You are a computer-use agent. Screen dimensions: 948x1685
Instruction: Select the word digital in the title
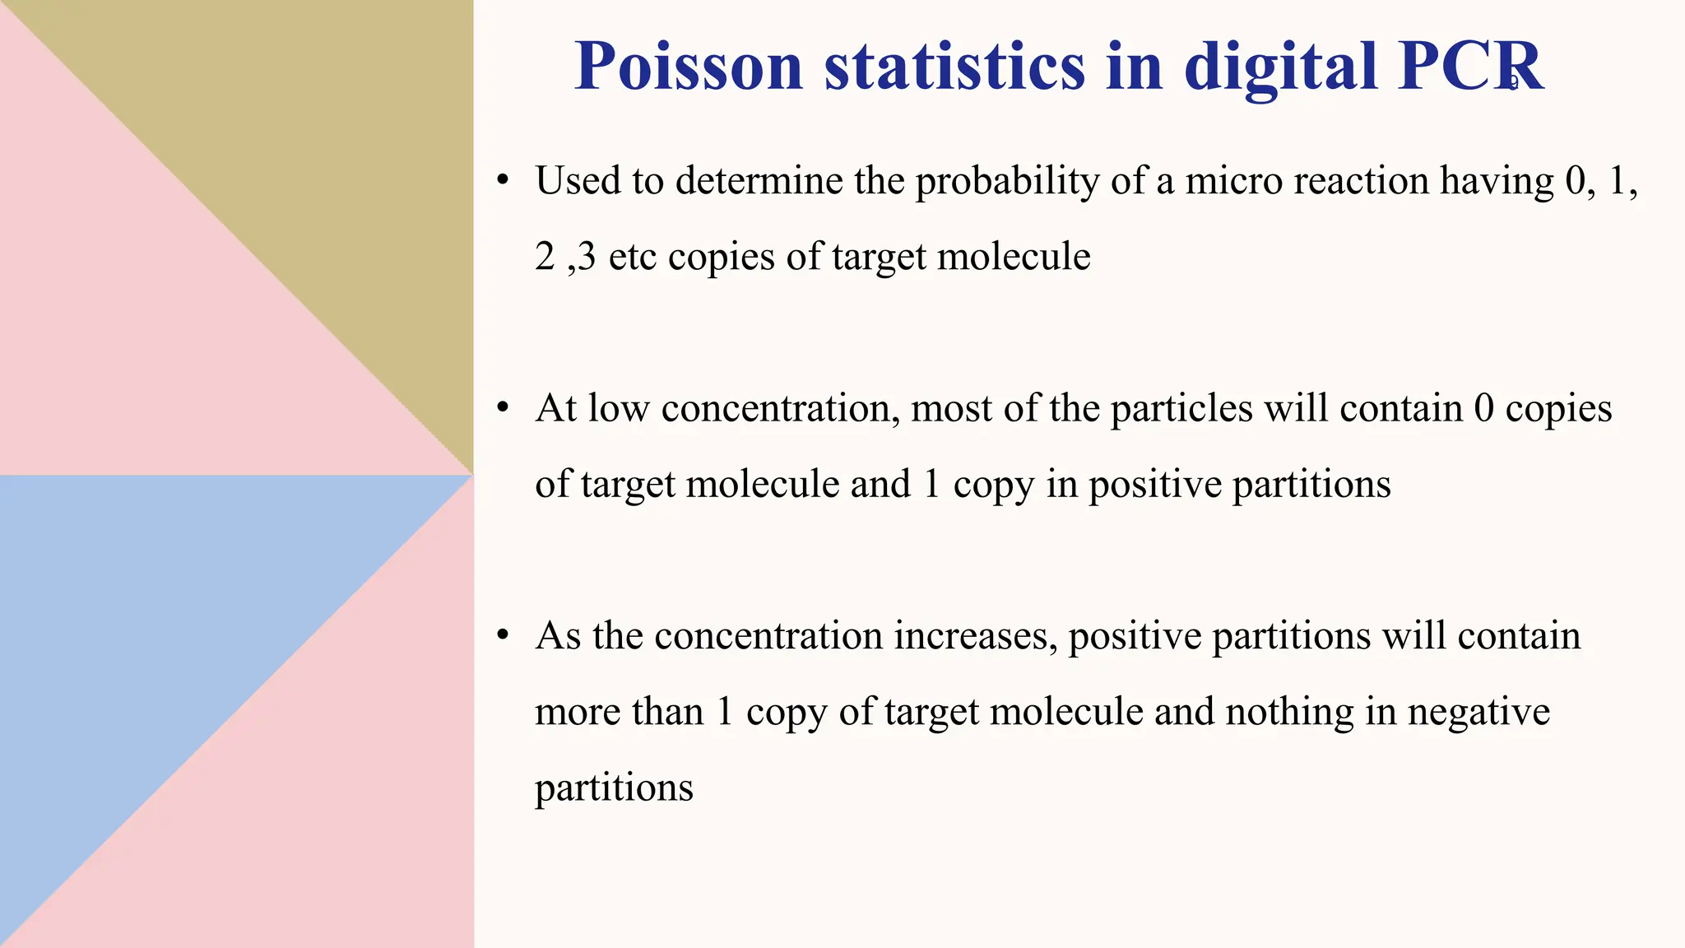point(1280,67)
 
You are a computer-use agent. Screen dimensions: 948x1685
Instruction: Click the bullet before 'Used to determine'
point(504,180)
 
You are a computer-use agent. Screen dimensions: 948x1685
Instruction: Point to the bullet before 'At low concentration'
point(504,407)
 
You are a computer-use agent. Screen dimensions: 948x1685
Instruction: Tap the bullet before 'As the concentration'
point(504,635)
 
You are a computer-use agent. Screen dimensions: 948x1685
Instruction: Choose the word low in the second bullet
point(619,408)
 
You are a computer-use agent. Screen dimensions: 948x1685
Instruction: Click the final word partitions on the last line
point(614,788)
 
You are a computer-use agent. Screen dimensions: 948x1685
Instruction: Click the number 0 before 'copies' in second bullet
point(1483,408)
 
